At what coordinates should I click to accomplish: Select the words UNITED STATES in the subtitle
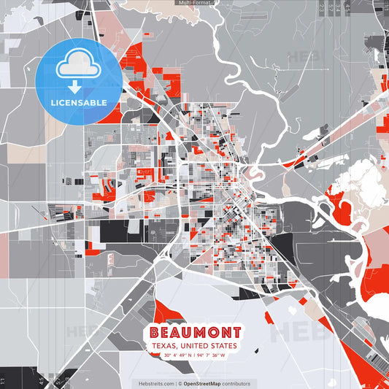point(214,345)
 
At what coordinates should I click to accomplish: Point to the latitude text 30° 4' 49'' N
point(179,355)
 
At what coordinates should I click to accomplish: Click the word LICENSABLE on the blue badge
point(78,102)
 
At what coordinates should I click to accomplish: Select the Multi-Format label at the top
point(195,3)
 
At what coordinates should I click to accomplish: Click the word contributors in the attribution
point(237,383)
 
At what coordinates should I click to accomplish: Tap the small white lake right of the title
point(293,309)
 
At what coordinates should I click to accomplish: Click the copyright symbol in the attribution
point(180,383)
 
